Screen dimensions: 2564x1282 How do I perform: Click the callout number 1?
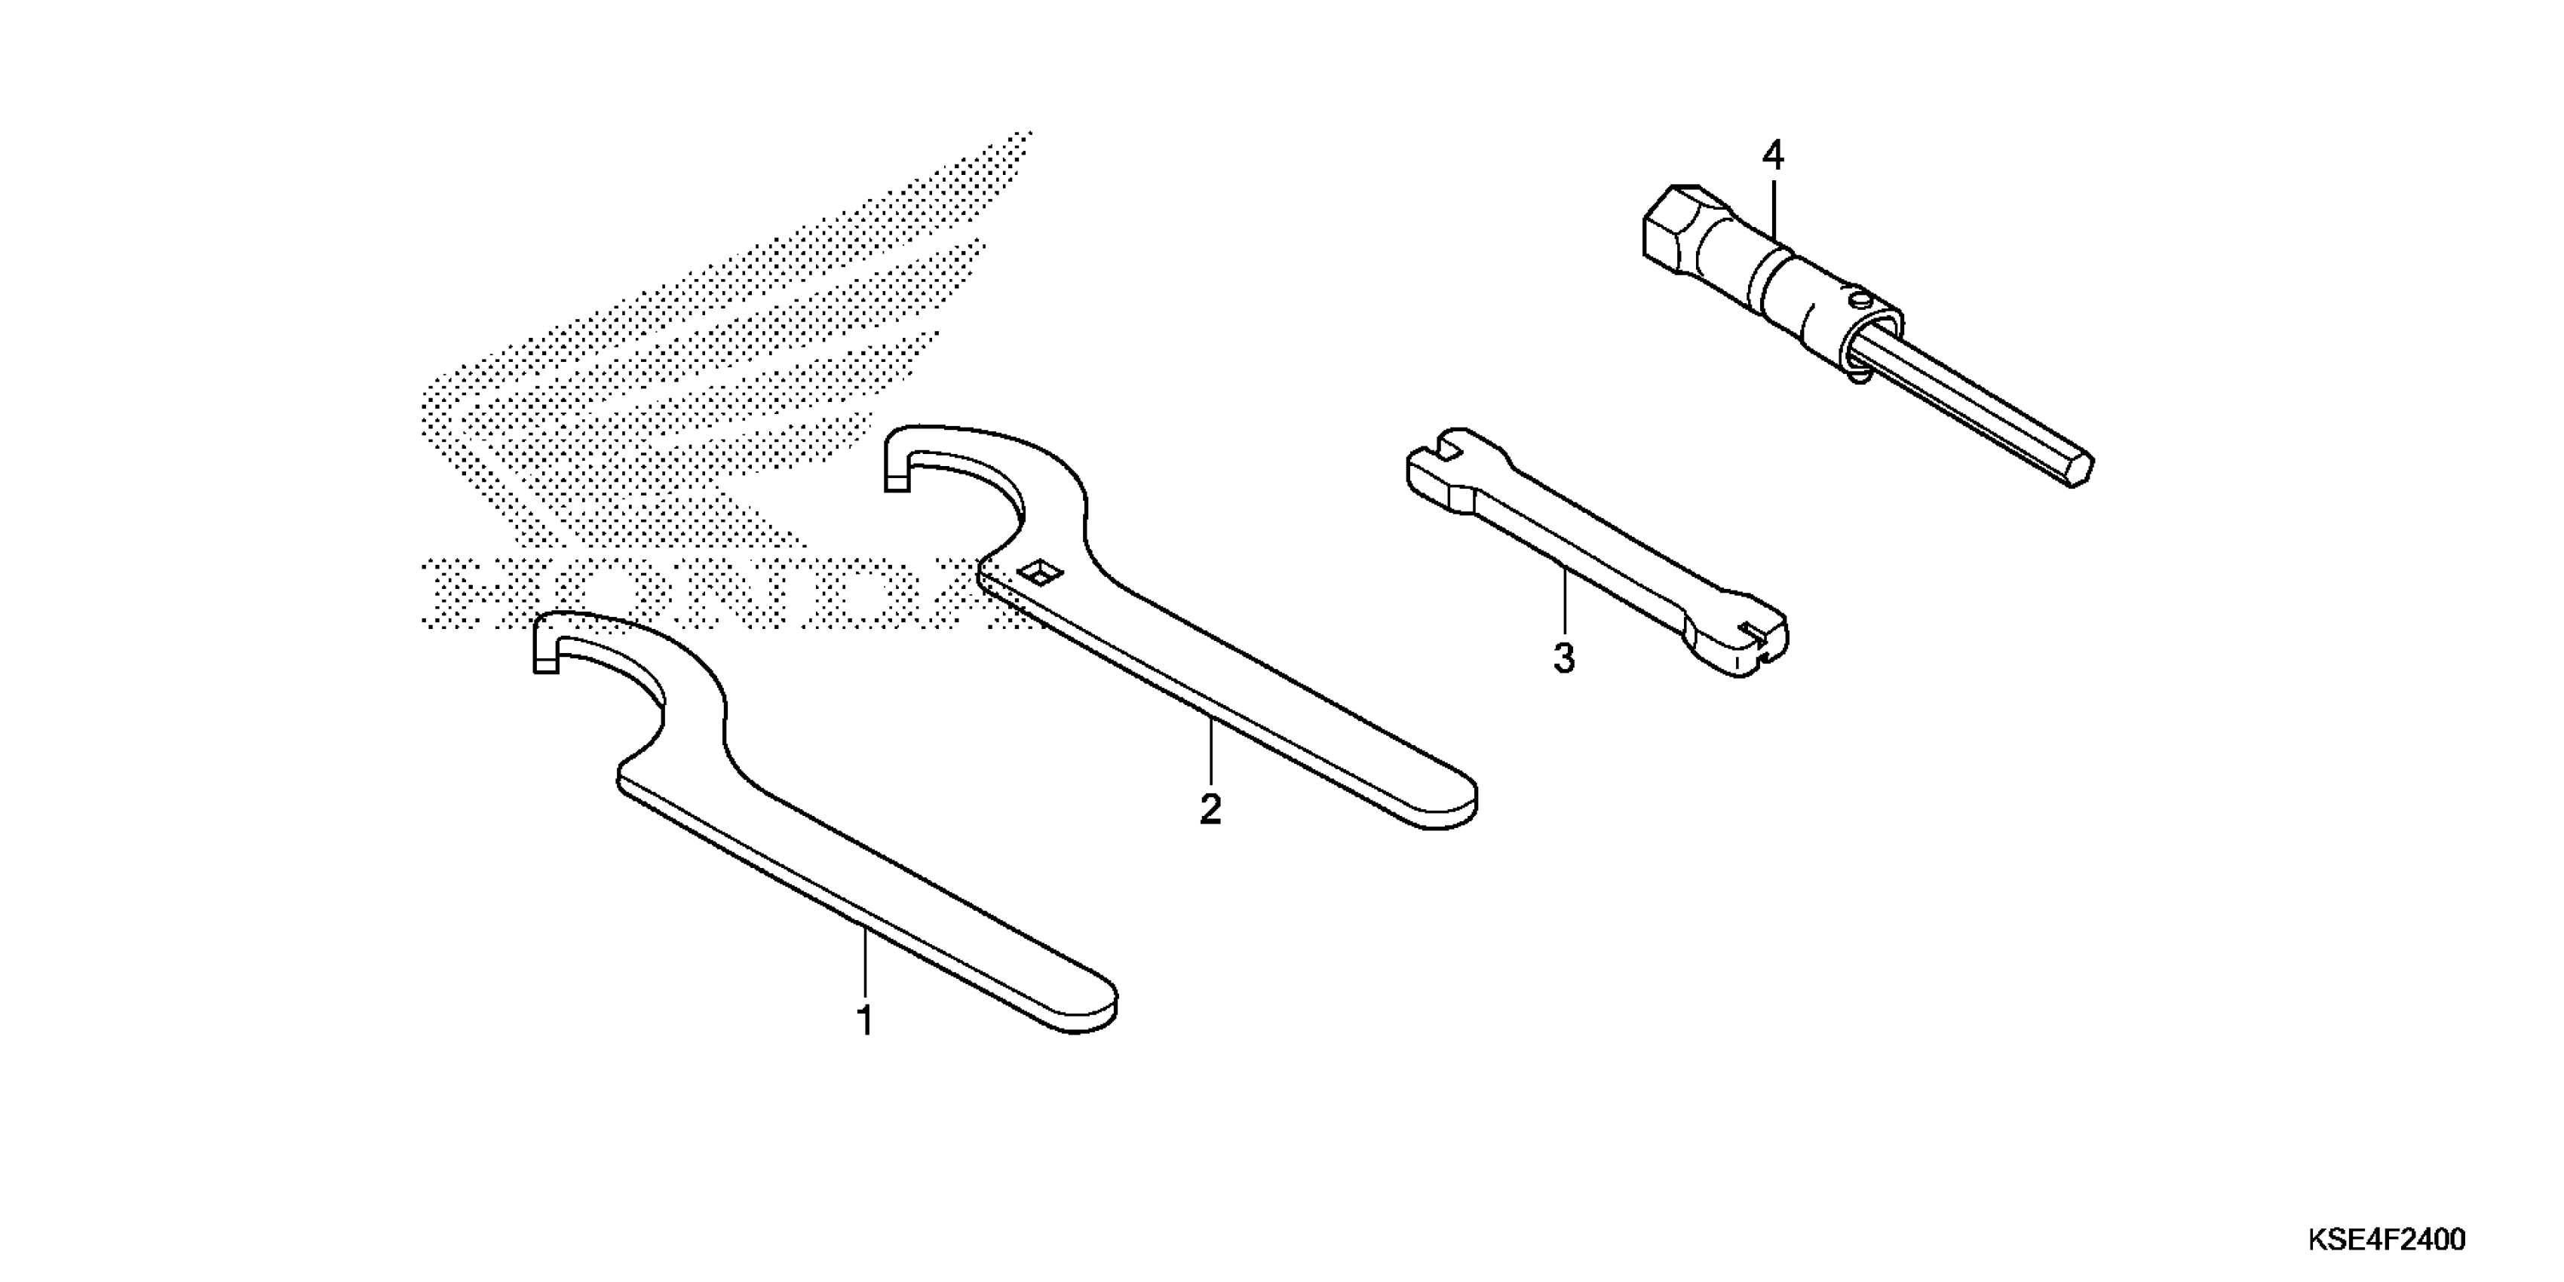[x=865, y=1021]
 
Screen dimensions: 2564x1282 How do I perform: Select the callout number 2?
[x=1210, y=809]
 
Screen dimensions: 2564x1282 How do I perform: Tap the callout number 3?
[x=1564, y=658]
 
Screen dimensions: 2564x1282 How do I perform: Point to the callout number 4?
[x=1773, y=155]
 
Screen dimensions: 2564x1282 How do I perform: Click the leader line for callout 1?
[x=865, y=961]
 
